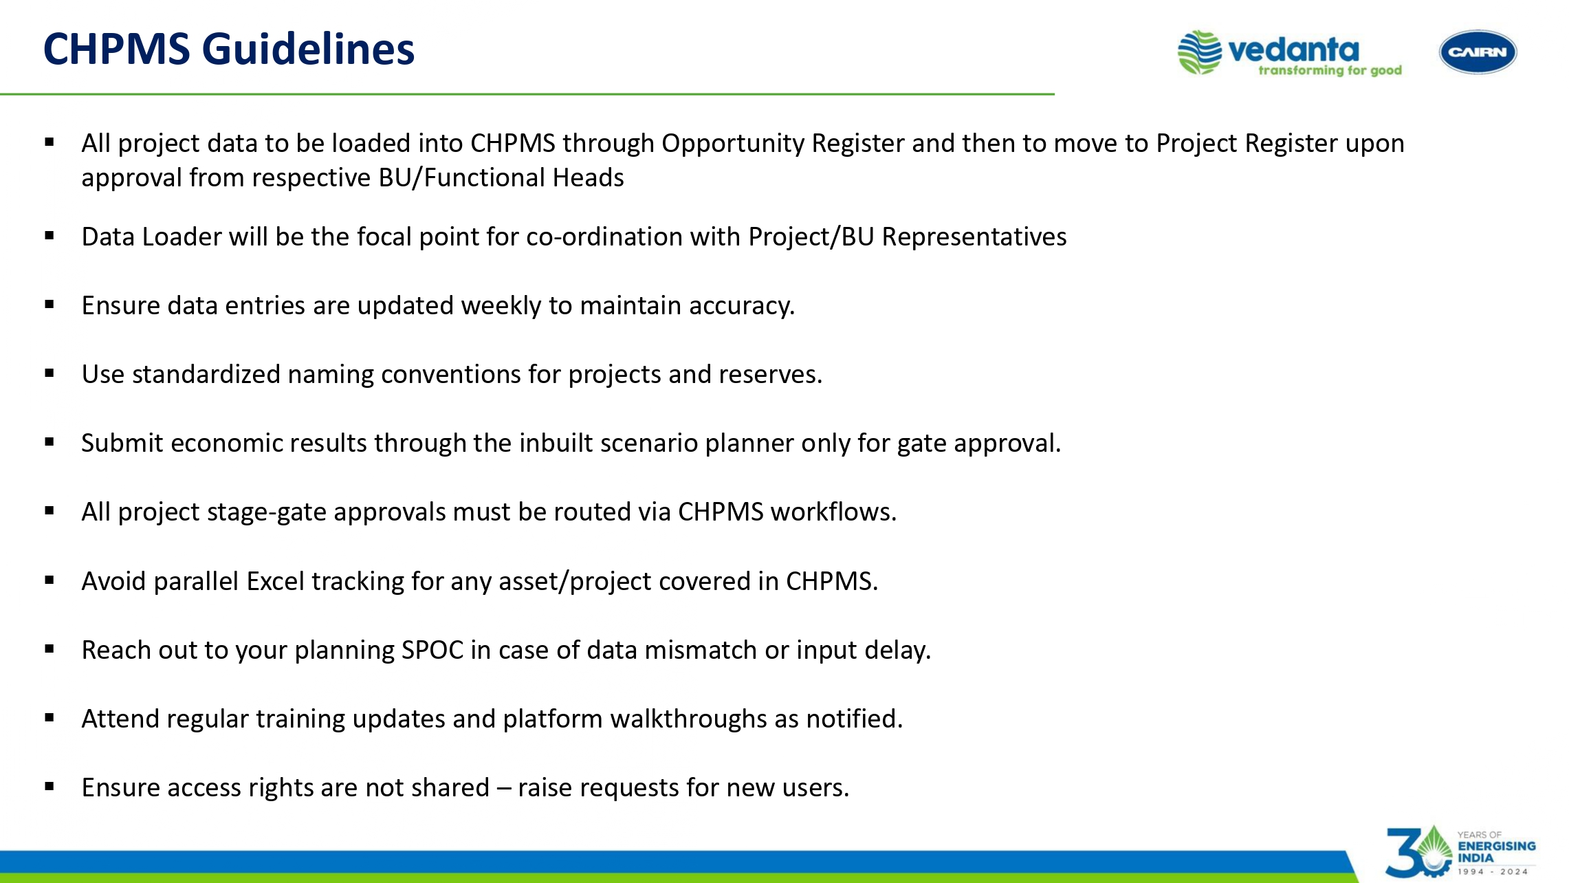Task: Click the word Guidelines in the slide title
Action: click(x=308, y=50)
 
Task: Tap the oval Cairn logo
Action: click(x=1478, y=52)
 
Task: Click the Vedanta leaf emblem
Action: click(x=1199, y=52)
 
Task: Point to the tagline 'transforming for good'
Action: click(x=1330, y=70)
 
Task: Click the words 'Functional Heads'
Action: click(x=524, y=177)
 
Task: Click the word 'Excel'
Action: click(x=275, y=581)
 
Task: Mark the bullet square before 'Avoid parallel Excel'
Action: click(x=50, y=580)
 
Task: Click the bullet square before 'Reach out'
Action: click(x=50, y=648)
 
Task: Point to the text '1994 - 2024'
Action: click(x=1493, y=871)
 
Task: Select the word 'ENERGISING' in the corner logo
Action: click(x=1497, y=846)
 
